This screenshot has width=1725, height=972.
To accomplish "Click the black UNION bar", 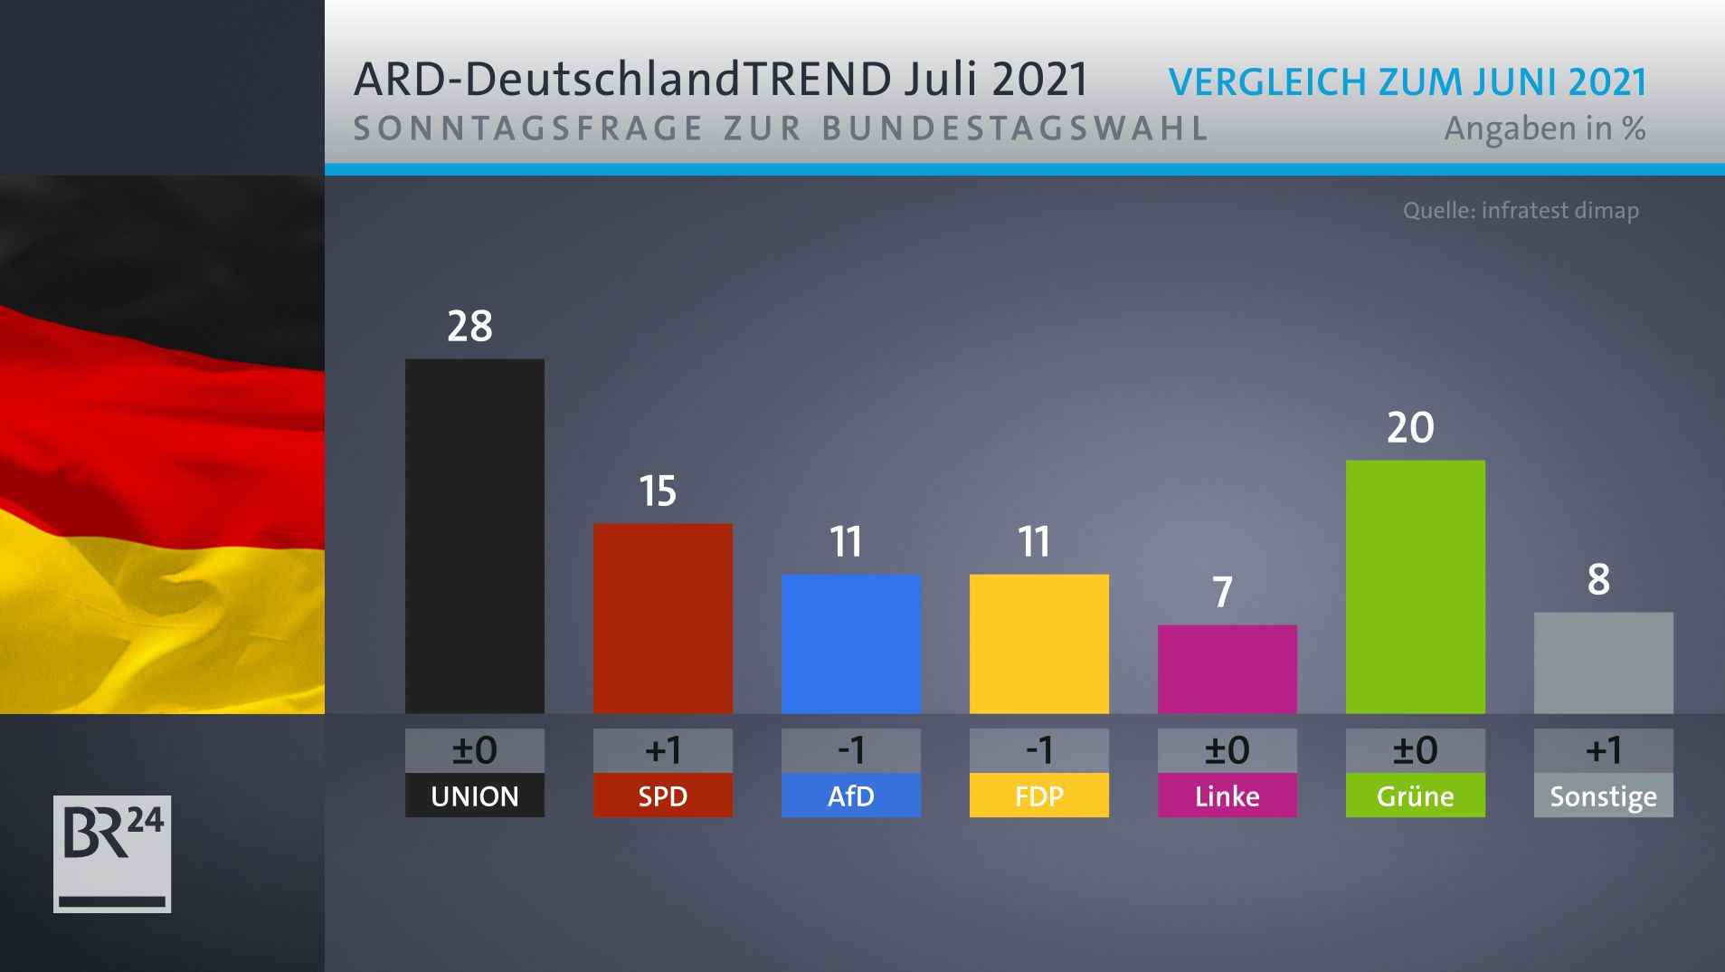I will click(474, 536).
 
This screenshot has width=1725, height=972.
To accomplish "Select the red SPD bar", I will click(662, 618).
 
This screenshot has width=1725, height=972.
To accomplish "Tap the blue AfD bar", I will click(850, 643).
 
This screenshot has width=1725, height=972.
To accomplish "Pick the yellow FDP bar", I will click(1038, 643).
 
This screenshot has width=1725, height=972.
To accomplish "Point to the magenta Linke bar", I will click(1227, 669).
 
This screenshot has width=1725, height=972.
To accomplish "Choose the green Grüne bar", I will click(1415, 586).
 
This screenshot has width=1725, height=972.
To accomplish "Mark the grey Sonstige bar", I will click(1603, 662).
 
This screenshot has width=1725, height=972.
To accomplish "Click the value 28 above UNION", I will click(469, 326).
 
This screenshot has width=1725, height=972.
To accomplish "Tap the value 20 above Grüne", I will click(1410, 427).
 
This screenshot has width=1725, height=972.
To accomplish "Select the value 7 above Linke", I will click(1222, 592).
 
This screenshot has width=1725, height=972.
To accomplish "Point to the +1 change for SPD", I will click(662, 750).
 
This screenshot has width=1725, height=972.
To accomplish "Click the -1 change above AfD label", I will click(850, 750).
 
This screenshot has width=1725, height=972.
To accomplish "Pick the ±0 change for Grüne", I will click(1415, 750).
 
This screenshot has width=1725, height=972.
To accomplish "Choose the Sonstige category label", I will click(1603, 796).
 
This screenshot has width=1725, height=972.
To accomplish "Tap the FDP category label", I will click(1038, 796).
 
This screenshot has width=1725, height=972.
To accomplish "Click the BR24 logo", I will click(112, 853).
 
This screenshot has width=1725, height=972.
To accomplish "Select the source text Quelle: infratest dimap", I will click(1521, 211).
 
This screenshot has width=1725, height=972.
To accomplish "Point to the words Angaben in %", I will click(1544, 129).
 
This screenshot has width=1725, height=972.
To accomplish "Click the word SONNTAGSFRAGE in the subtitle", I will click(527, 129).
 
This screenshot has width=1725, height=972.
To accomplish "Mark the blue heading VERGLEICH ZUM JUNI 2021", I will click(1407, 81).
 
